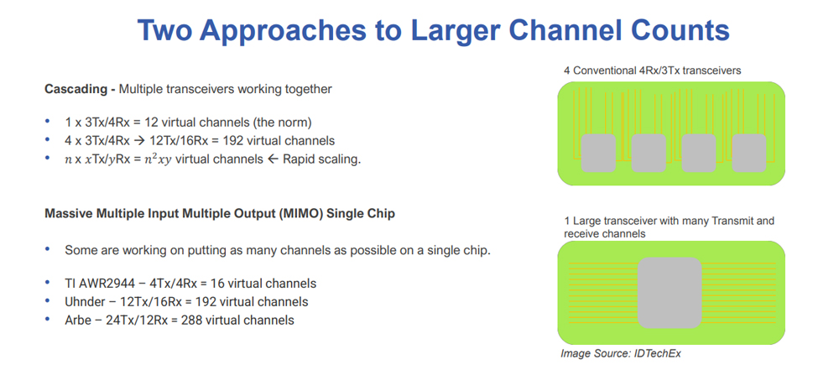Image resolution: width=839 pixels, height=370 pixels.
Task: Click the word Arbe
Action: click(x=79, y=320)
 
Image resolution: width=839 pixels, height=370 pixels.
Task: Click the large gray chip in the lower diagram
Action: click(x=670, y=293)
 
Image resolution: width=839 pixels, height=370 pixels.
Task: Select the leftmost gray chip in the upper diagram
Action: click(x=598, y=153)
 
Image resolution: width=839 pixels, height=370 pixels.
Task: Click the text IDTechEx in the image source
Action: click(x=658, y=353)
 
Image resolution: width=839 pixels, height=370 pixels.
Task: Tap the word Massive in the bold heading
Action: click(x=70, y=214)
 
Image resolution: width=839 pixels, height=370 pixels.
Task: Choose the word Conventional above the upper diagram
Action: click(x=602, y=71)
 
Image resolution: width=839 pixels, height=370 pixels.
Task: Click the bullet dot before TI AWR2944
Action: click(x=48, y=284)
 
